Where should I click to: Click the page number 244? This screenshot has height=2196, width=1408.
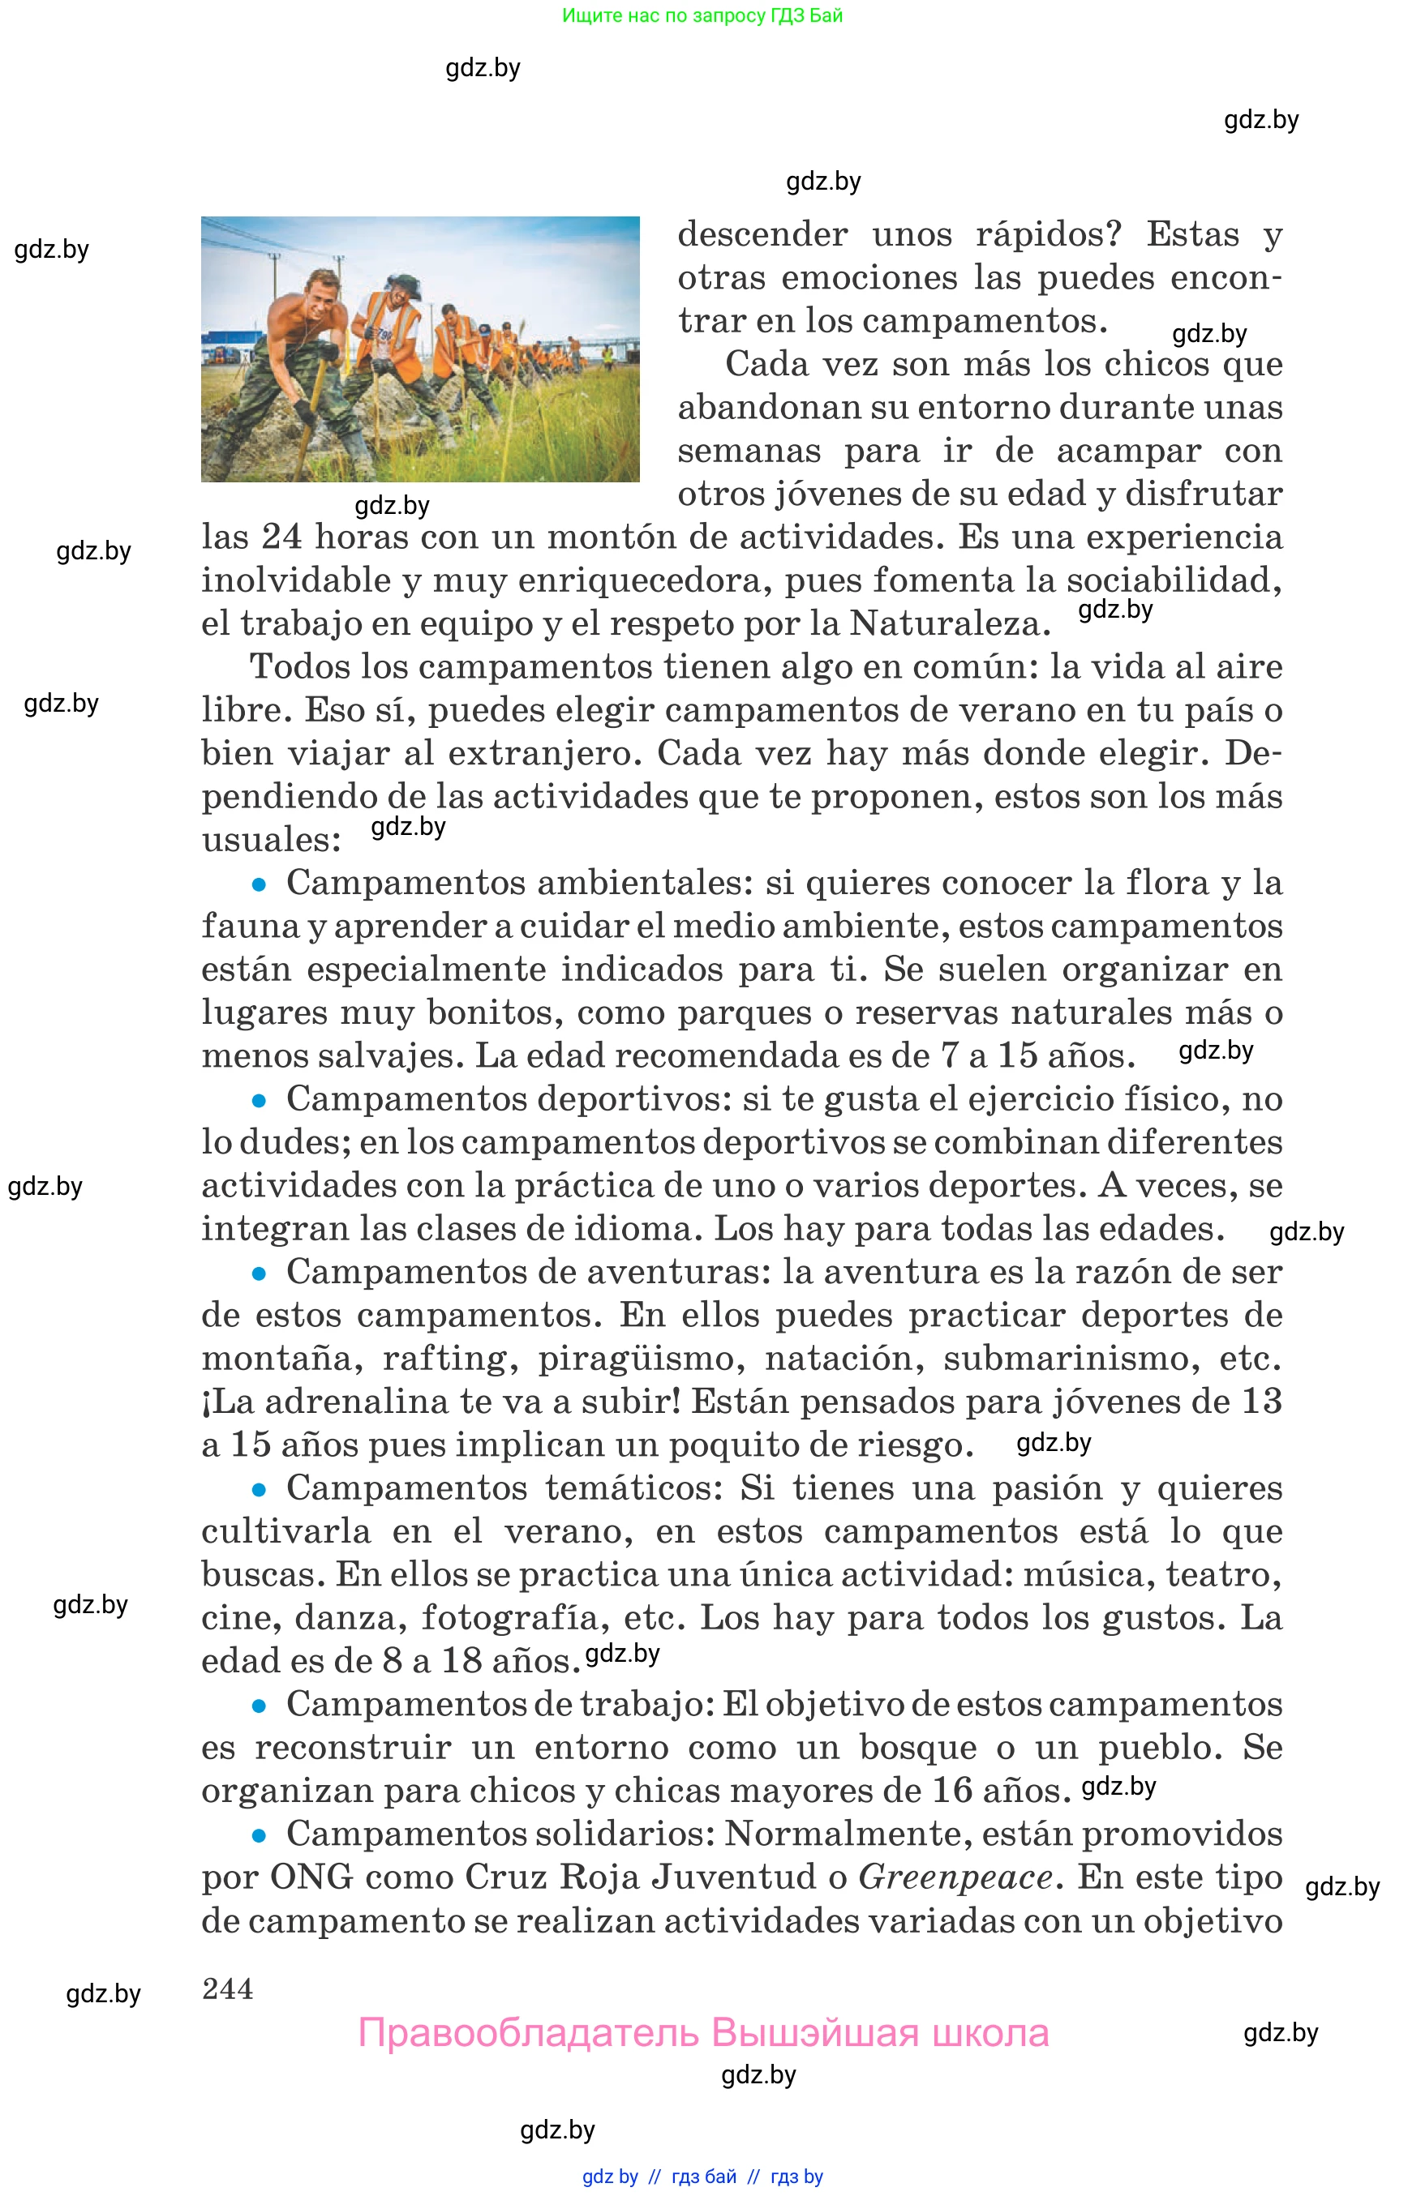pos(228,1988)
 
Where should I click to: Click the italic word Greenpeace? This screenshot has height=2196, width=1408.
pos(955,1878)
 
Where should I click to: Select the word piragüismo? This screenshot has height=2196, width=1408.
pos(635,1359)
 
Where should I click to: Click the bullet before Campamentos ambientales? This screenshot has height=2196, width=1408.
pos(259,884)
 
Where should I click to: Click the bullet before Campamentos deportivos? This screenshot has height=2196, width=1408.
pos(259,1100)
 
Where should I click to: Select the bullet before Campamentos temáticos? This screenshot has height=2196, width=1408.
pos(259,1490)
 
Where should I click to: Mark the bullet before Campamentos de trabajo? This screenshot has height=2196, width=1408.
pos(259,1706)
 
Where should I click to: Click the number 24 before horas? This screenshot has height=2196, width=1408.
pos(281,537)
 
